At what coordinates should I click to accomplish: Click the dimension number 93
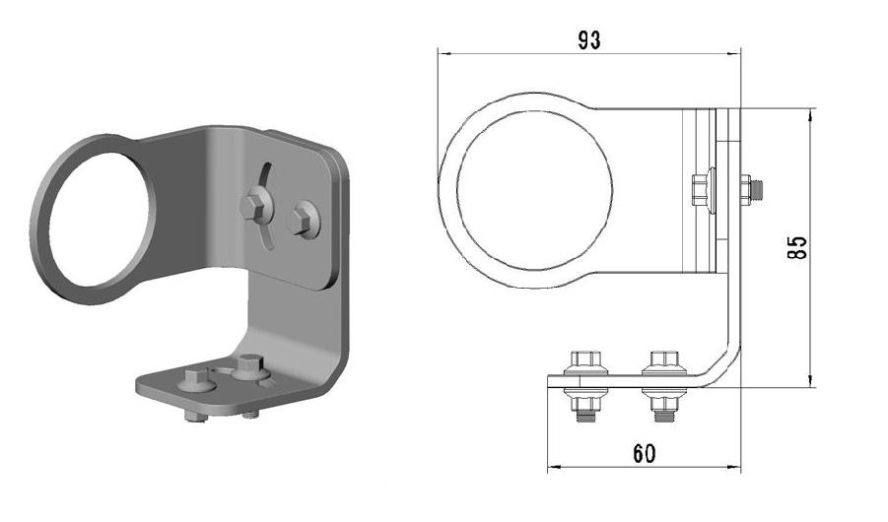coord(589,40)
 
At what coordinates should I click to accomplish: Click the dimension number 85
coord(797,247)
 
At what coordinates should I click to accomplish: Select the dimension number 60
coord(645,453)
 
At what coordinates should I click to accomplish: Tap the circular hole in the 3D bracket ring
coord(100,219)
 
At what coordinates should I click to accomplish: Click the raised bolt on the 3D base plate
coord(249,366)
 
